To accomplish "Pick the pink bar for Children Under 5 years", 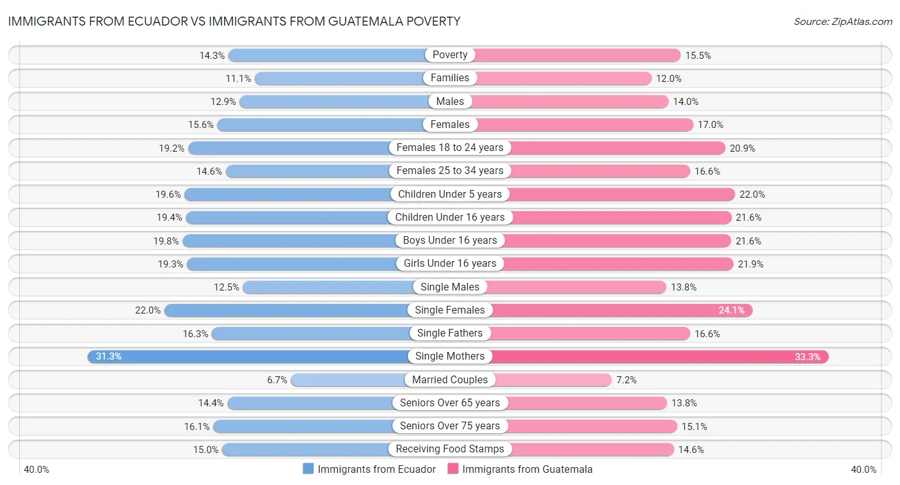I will pos(621,194).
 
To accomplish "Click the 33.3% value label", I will pos(807,356).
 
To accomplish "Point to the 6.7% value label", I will pos(277,379).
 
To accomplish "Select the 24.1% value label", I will pos(732,310).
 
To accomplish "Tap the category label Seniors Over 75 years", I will pos(450,425).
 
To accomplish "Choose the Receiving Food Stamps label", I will pos(450,449).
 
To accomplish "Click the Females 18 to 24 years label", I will pos(450,147).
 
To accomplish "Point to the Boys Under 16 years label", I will pos(450,240).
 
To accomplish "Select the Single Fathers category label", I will pos(450,333).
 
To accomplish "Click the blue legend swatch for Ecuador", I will pos(309,469).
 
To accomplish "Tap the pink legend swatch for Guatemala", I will pos(453,469).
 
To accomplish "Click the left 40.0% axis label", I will pos(36,470).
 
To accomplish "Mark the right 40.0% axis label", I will pos(864,470).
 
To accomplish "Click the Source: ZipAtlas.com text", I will pos(843,21).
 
